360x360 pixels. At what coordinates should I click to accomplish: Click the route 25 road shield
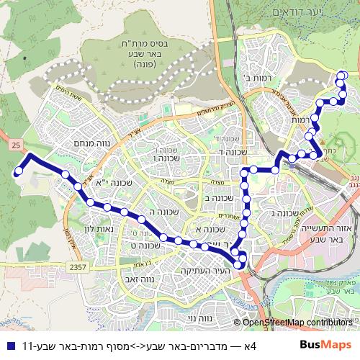point(16,145)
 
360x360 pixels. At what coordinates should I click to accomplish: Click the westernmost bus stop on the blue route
point(17,171)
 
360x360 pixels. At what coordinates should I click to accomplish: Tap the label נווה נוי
point(210,317)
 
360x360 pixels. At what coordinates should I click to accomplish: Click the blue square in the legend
point(10,345)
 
